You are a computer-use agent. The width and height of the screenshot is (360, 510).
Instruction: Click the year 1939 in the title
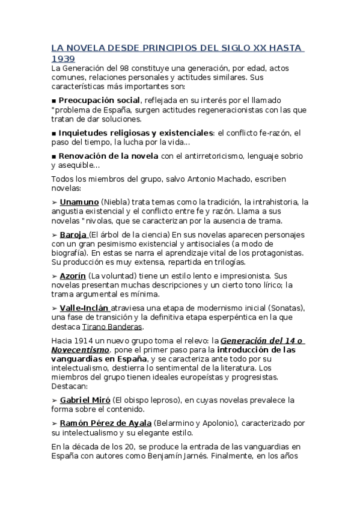pos(63,58)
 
